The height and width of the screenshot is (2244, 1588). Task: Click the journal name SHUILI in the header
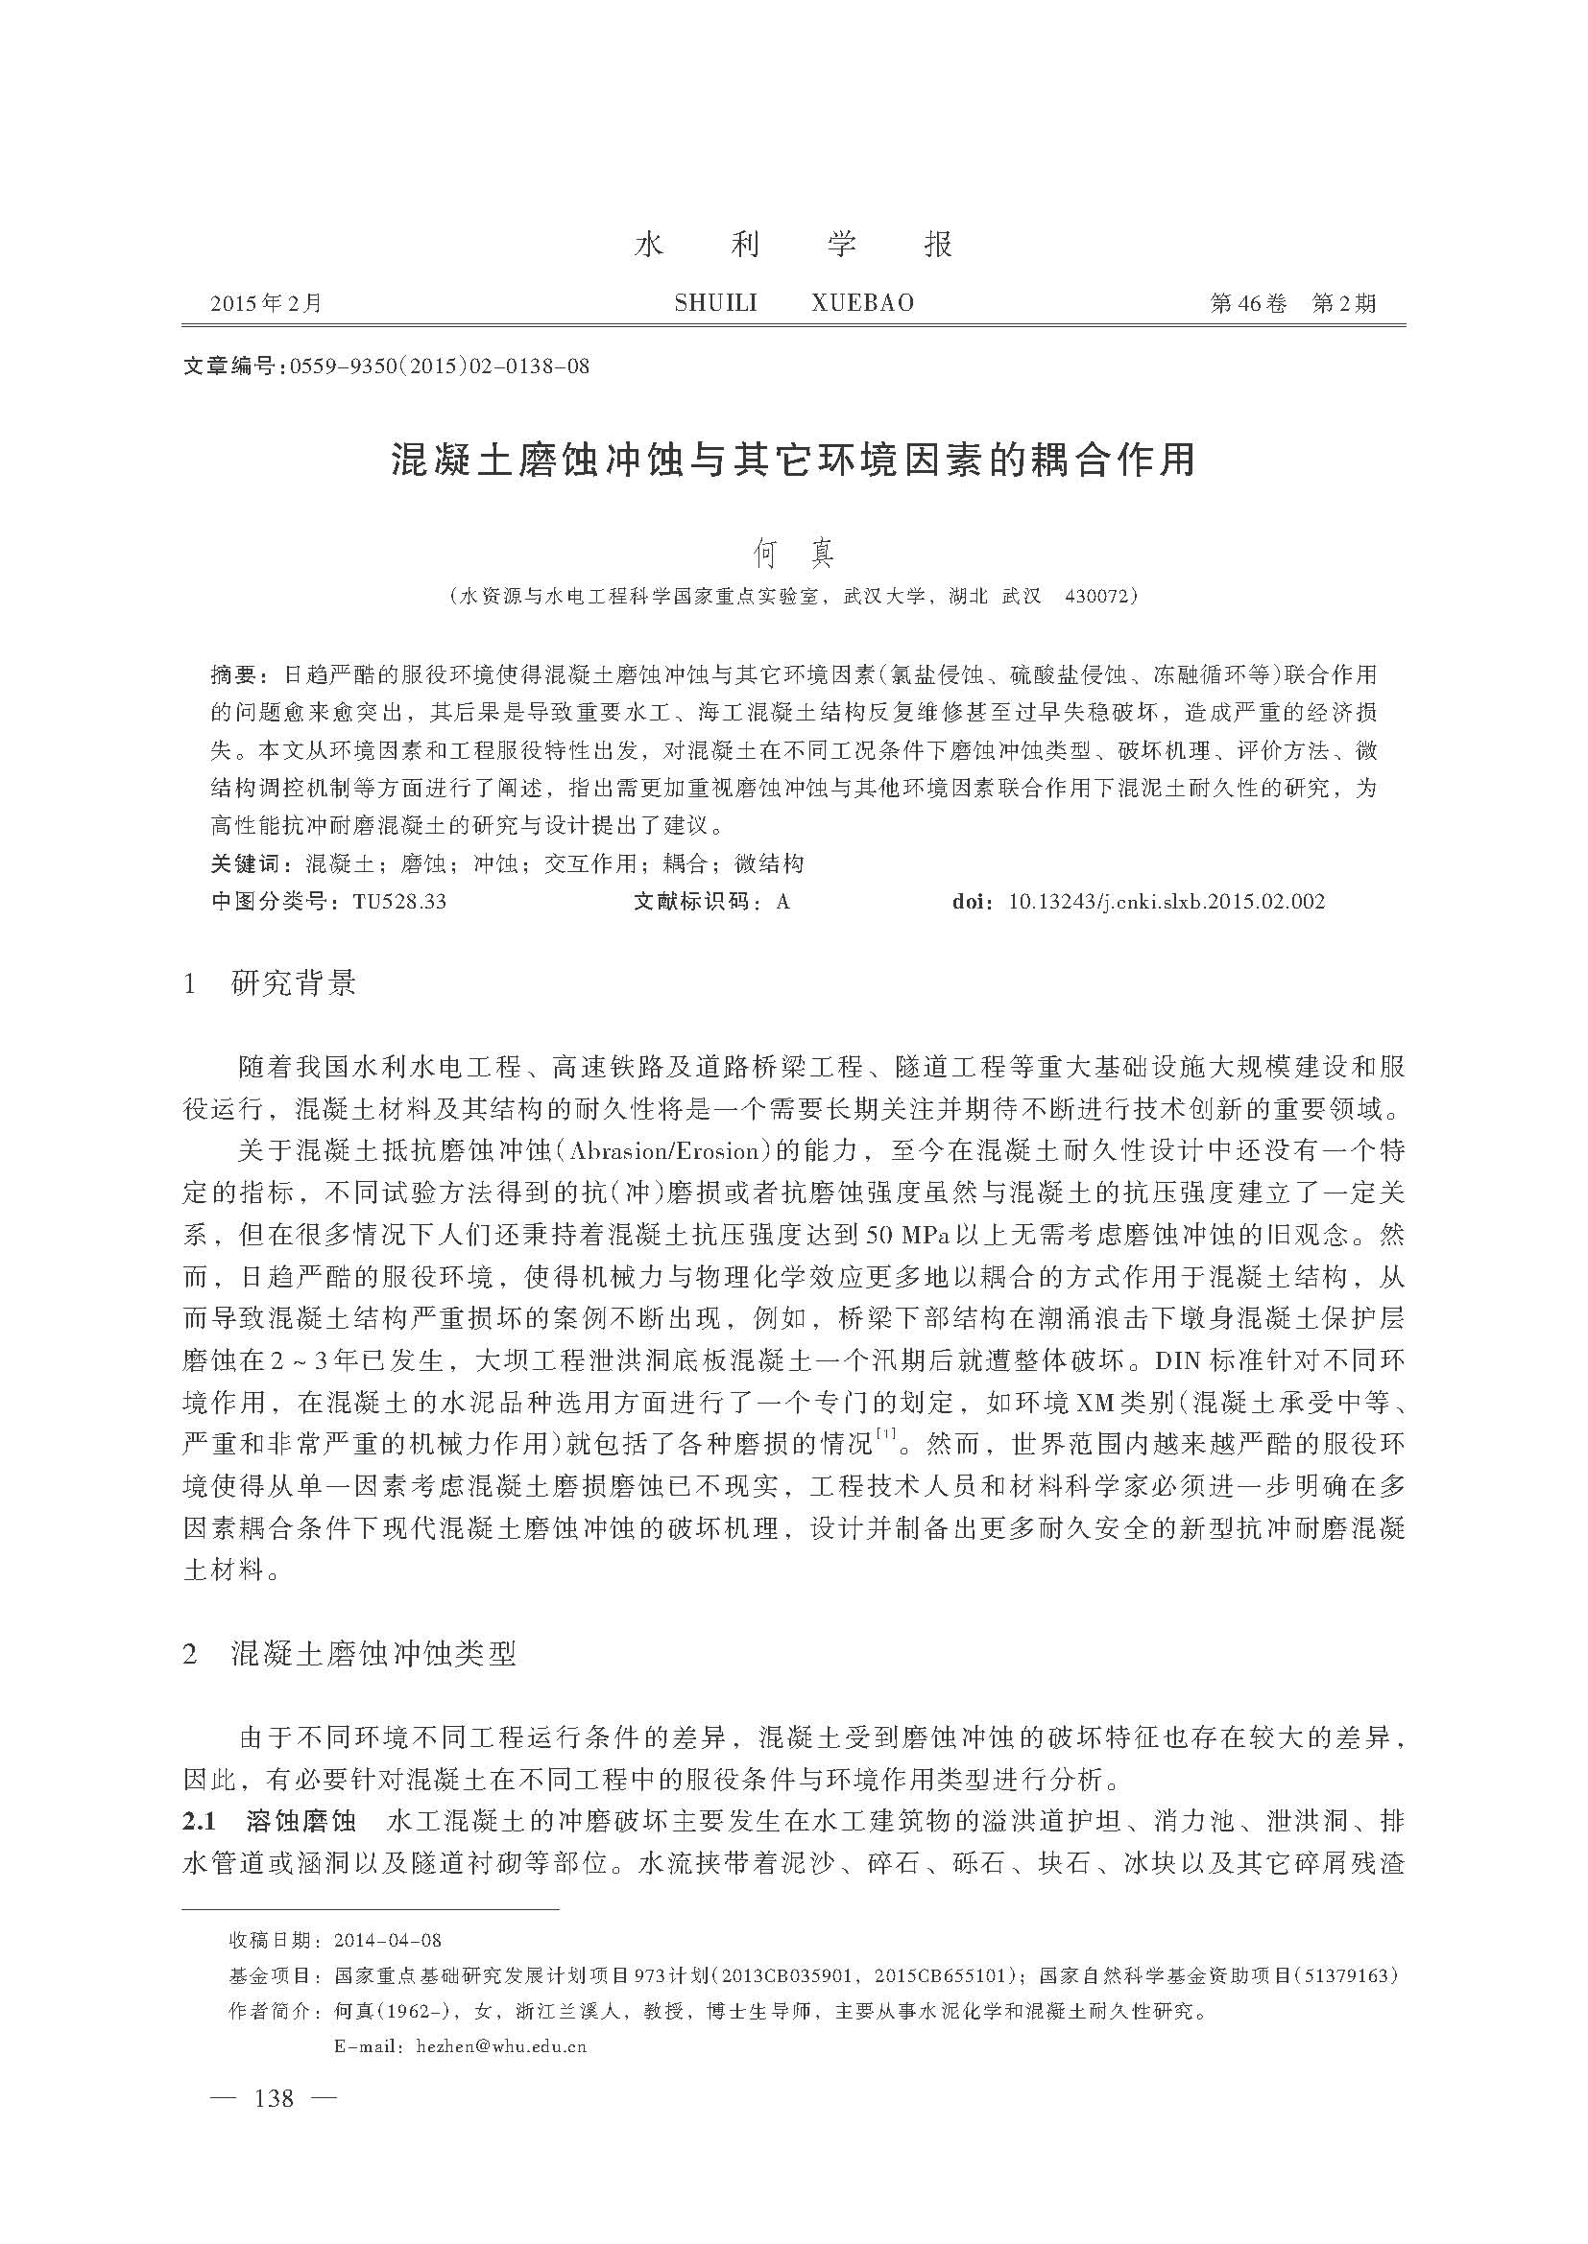[716, 303]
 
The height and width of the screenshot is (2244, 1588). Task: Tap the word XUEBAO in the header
[862, 303]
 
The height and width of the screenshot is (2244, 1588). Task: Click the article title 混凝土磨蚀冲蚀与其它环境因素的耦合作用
[793, 460]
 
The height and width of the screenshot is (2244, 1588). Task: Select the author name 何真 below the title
[793, 555]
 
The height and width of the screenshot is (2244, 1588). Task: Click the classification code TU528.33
[399, 901]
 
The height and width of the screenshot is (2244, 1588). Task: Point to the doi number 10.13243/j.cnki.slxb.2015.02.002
[1166, 901]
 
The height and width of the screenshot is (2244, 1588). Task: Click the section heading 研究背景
[294, 983]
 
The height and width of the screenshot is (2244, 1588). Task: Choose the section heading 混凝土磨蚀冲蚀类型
[373, 1653]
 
